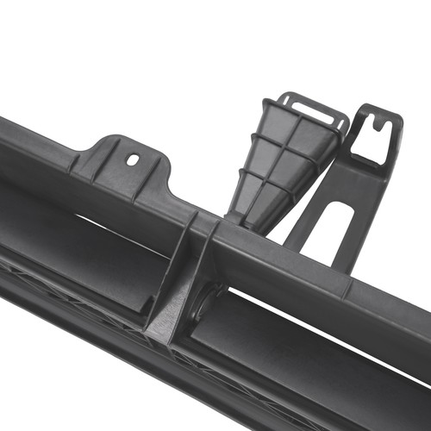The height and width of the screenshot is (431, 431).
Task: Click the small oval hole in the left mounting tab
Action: click(132, 159)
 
